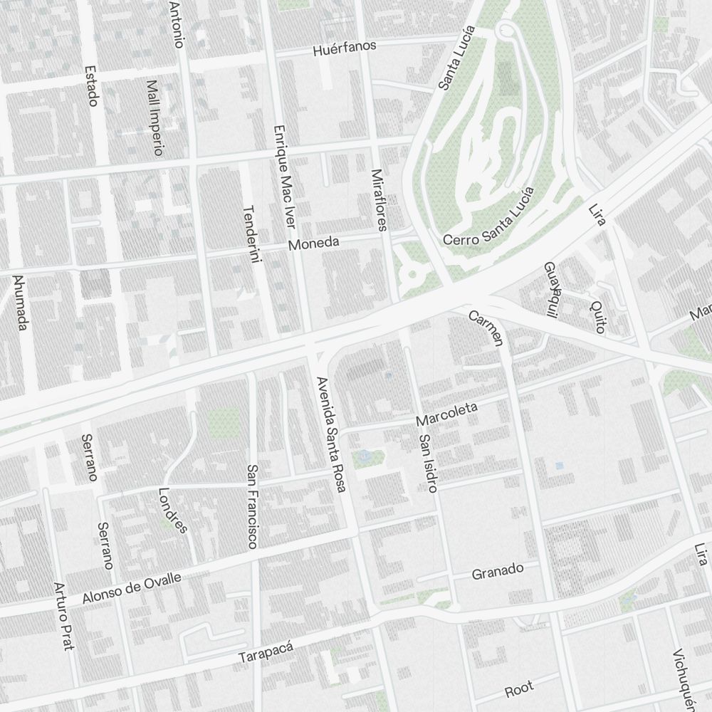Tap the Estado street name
(90, 86)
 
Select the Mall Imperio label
(155, 117)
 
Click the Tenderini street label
(251, 236)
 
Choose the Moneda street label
(313, 244)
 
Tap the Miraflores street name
(379, 200)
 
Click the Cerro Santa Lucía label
(488, 216)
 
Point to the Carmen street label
(486, 328)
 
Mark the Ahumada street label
(21, 303)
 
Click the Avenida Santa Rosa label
(331, 434)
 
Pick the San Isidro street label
(428, 464)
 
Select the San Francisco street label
(251, 506)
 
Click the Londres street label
(172, 510)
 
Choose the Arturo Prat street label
(64, 617)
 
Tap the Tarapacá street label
(266, 651)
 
